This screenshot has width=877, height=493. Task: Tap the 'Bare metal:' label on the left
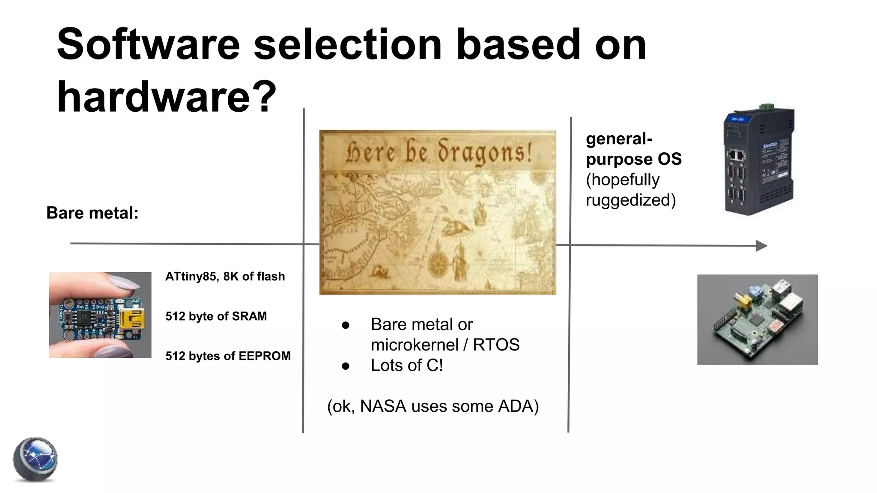click(92, 213)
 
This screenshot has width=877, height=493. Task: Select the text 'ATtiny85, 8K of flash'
click(225, 276)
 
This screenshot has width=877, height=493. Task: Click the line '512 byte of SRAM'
click(216, 316)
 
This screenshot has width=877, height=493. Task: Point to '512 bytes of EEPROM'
click(228, 356)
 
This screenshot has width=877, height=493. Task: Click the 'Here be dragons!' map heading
click(438, 153)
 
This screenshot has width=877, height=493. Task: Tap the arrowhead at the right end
click(761, 246)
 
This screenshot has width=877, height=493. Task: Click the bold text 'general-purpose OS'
click(633, 149)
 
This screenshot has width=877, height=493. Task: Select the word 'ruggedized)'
click(630, 200)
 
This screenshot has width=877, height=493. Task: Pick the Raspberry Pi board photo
click(757, 320)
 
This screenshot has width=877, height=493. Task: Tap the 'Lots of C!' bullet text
click(406, 365)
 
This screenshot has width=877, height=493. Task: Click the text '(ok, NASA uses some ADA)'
click(433, 406)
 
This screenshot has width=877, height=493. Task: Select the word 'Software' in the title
click(148, 45)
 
